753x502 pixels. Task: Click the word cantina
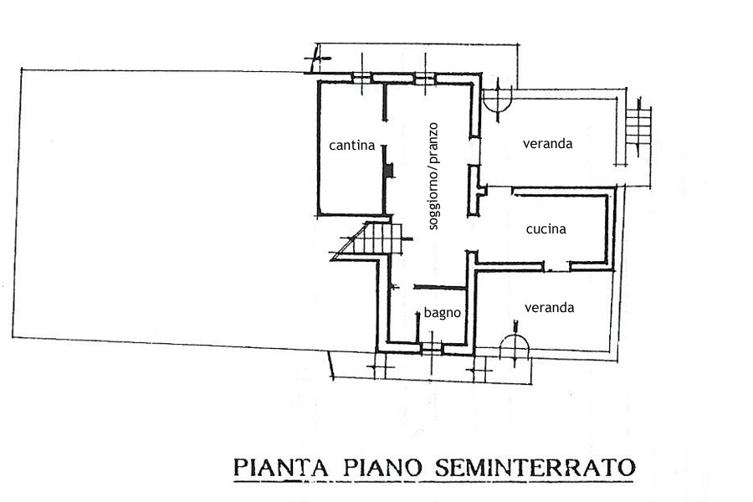(351, 146)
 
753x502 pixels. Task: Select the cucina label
(546, 228)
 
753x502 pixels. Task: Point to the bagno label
(443, 314)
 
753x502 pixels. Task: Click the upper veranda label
(548, 144)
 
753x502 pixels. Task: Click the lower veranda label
(549, 308)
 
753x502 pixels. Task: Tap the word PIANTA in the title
(281, 466)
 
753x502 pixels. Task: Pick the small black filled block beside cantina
(388, 170)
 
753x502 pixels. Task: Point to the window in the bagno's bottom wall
(429, 346)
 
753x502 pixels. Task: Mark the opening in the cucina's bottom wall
(556, 267)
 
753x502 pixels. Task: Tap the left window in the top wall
(361, 78)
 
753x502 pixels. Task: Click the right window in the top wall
(425, 78)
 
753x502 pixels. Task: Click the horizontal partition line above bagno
(438, 287)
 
